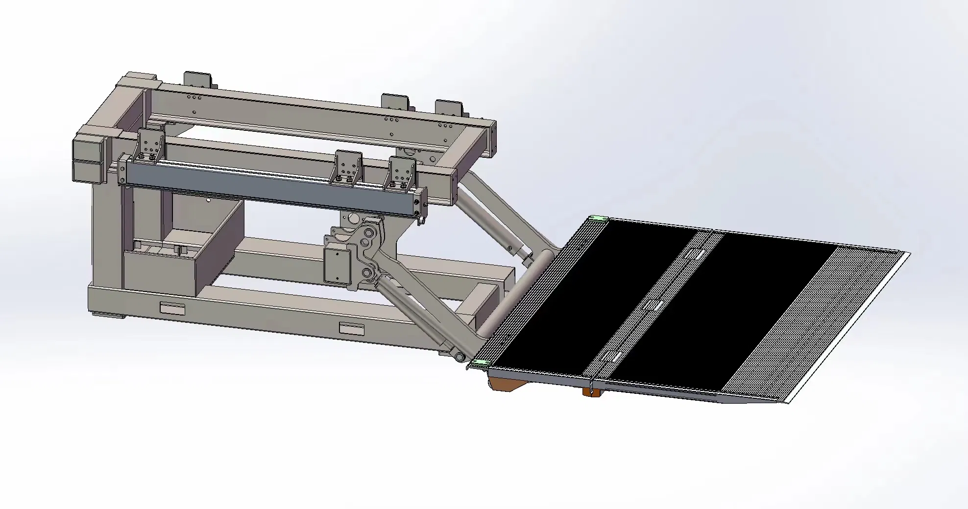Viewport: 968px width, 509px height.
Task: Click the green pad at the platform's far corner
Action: tap(598, 218)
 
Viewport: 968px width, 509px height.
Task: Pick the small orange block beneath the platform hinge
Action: tap(591, 391)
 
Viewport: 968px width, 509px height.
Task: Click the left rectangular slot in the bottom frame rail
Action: tap(172, 309)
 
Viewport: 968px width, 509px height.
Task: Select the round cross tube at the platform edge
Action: tap(514, 294)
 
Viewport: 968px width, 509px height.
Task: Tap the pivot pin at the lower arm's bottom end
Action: tap(460, 357)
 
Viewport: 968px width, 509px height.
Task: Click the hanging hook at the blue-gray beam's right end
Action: tap(420, 222)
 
